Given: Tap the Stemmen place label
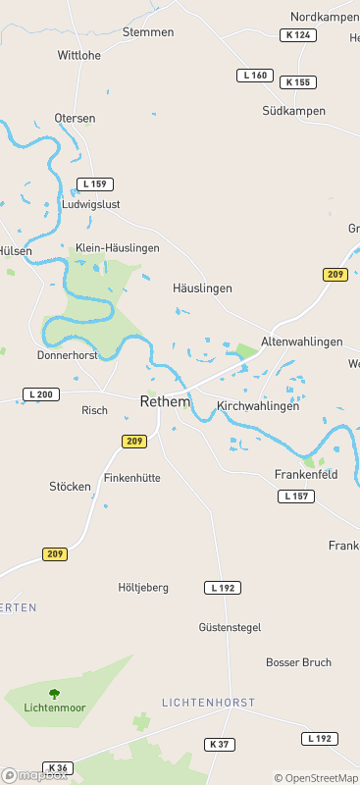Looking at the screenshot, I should point(148,32).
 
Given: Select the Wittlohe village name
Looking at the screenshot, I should point(79,55).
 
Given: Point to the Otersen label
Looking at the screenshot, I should point(76,118).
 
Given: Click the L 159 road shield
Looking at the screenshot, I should point(95,183).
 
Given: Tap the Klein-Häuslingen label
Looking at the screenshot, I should point(117,248).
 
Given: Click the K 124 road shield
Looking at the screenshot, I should point(297,35).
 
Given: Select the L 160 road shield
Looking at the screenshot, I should point(254,76).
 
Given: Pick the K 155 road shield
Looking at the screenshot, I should point(297,82).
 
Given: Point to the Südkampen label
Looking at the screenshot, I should point(293,111).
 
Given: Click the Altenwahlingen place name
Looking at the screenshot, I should point(302,341).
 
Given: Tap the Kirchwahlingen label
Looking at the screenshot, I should point(257,405).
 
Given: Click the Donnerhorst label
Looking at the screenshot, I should point(67,354).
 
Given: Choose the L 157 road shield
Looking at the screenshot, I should point(296,497).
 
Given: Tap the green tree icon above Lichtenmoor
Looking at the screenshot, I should point(53,694).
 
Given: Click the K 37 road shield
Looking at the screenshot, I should point(220,745).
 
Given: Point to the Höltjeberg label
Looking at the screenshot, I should point(143,587).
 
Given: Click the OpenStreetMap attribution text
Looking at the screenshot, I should point(315,778).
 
